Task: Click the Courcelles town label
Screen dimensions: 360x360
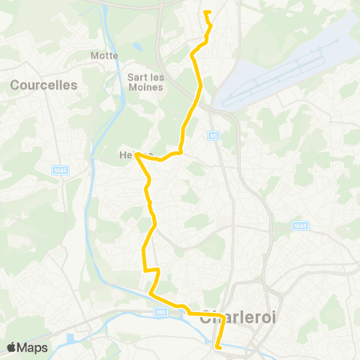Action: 43,85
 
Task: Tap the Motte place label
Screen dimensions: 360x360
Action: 99,55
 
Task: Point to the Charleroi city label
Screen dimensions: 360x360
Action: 238,317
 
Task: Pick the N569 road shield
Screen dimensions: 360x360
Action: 299,225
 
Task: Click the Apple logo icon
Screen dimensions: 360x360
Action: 12,347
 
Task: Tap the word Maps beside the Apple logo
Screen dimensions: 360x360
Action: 33,347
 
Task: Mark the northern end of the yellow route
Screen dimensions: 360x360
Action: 205,12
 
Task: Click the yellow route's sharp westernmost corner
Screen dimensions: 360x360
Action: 136,154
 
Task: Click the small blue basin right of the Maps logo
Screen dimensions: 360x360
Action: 71,339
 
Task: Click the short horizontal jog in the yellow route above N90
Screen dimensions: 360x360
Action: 152,269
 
